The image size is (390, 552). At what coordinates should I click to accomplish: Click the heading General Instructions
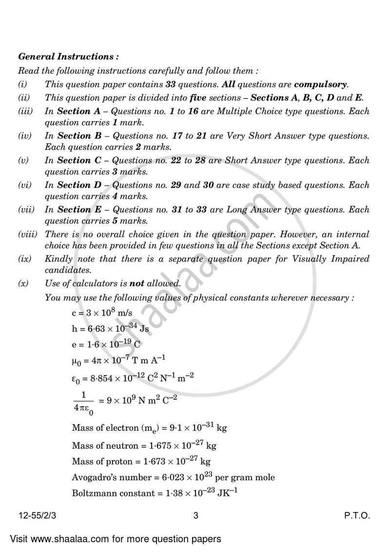(x=68, y=57)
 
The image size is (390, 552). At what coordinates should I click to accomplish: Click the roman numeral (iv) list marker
(x=25, y=136)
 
